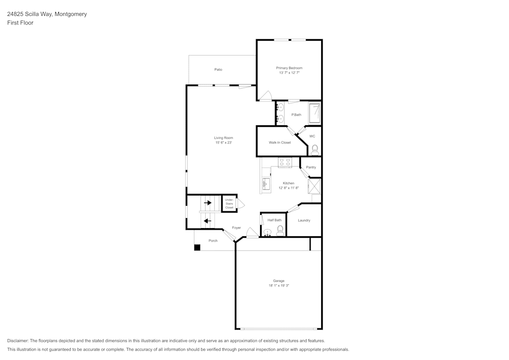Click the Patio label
pyautogui.click(x=218, y=69)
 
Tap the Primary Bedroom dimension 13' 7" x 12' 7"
pyautogui.click(x=289, y=73)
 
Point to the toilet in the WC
pyautogui.click(x=315, y=149)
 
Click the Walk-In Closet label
pyautogui.click(x=279, y=143)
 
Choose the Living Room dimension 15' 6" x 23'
pyautogui.click(x=223, y=143)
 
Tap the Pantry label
pyautogui.click(x=311, y=168)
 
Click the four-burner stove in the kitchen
pyautogui.click(x=285, y=162)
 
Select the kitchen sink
pyautogui.click(x=265, y=184)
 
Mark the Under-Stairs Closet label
pyautogui.click(x=229, y=204)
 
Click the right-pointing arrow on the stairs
pyautogui.click(x=208, y=203)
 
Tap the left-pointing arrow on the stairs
pyautogui.click(x=207, y=221)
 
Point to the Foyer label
pyautogui.click(x=237, y=228)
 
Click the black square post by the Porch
pyautogui.click(x=197, y=247)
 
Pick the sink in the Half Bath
pyautogui.click(x=267, y=232)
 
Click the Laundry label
pyautogui.click(x=304, y=220)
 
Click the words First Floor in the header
pyautogui.click(x=20, y=23)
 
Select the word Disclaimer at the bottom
pyautogui.click(x=18, y=341)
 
